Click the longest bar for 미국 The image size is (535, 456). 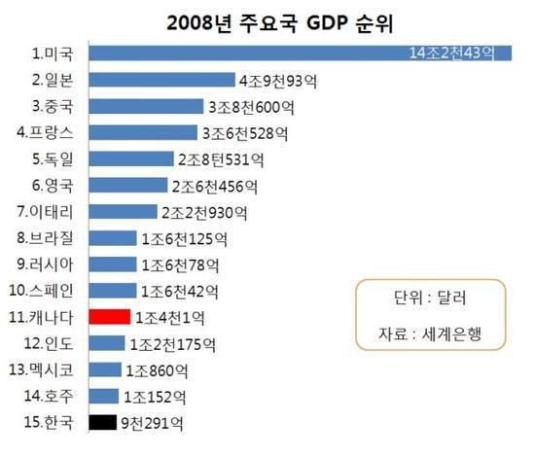243,53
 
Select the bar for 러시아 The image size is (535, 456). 113,263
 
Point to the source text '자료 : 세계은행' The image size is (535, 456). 429,335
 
